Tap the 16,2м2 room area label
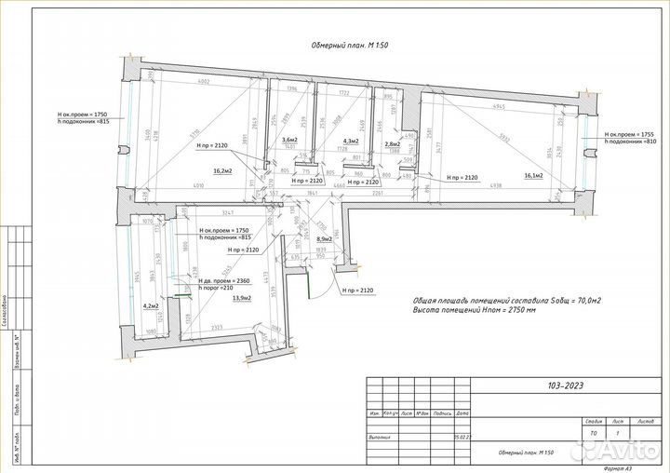click(x=222, y=171)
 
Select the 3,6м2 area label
click(x=289, y=140)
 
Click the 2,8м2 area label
click(x=392, y=144)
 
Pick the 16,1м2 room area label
click(x=533, y=175)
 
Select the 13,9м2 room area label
click(x=242, y=297)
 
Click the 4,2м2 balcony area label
click(x=150, y=305)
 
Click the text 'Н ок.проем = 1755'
click(x=633, y=134)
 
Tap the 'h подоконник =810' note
click(x=633, y=142)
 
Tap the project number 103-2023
click(x=567, y=385)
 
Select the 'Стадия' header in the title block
click(x=595, y=421)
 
